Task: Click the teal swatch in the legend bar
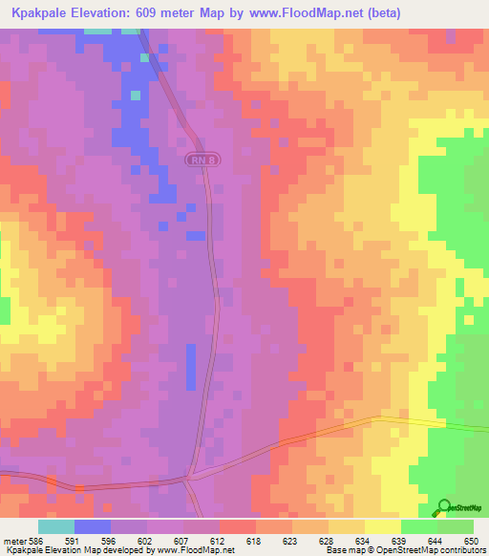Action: click(55, 526)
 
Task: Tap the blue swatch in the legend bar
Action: click(92, 526)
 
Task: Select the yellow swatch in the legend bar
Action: click(382, 526)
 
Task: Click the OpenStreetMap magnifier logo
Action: click(445, 508)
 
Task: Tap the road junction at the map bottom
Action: click(190, 475)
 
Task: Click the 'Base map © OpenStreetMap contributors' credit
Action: click(406, 550)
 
